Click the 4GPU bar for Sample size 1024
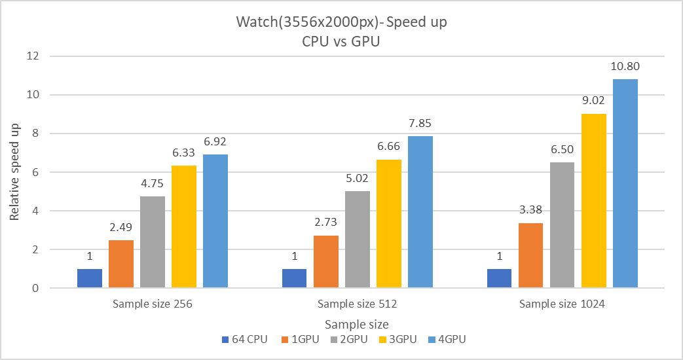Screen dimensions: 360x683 625,183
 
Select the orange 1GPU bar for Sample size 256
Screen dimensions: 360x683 121,264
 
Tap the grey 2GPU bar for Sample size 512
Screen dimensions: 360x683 358,240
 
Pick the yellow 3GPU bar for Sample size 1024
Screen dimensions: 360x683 593,201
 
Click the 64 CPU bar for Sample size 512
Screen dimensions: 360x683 295,278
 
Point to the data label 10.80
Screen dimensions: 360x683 625,66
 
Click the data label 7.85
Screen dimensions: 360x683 420,123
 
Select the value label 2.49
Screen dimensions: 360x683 121,227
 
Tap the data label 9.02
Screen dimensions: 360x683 593,101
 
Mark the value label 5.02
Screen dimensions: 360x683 358,178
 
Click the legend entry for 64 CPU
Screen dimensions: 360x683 242,340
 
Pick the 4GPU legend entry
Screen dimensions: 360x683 447,340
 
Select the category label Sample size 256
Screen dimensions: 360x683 152,304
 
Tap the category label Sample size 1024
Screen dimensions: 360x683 563,304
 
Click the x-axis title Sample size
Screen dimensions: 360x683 356,324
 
